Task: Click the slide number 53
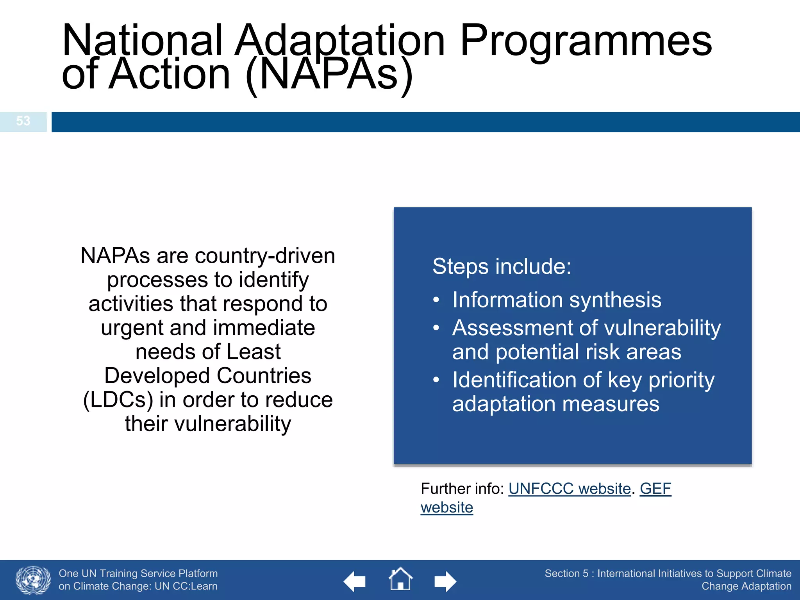pos(23,121)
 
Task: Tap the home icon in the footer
pos(400,579)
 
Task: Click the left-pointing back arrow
pos(354,582)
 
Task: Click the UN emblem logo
pos(33,580)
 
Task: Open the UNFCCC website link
pos(569,489)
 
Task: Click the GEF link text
pos(655,489)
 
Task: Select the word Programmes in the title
pos(586,41)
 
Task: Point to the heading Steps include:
pos(502,267)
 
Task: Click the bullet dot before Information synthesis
pos(436,300)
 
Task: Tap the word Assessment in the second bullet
pos(512,328)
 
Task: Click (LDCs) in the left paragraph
pos(118,400)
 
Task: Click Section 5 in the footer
pos(566,573)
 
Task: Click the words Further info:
pos(462,489)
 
